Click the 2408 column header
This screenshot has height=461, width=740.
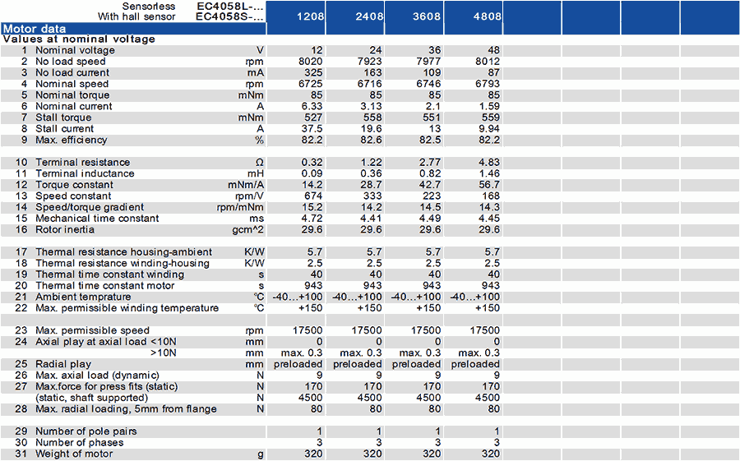tap(369, 16)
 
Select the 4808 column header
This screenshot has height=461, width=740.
tap(487, 16)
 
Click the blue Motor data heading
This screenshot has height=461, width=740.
tap(35, 29)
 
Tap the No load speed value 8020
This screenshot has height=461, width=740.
tap(311, 62)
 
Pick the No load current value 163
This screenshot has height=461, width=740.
tap(372, 72)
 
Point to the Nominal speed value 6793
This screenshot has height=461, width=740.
tap(488, 84)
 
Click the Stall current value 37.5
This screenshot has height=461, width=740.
tap(312, 129)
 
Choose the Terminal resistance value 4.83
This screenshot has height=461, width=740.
tap(489, 163)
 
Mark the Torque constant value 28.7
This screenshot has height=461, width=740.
tap(371, 185)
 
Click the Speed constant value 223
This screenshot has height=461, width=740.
tap(432, 196)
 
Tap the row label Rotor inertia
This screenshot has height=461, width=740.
tap(65, 230)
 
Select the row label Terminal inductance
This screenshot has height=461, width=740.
tap(85, 173)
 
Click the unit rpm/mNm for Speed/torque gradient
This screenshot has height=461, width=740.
tap(240, 207)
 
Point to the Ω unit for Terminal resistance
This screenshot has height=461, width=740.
tap(260, 163)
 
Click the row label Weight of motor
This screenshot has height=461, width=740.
tap(74, 454)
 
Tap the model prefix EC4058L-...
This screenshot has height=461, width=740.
tap(230, 6)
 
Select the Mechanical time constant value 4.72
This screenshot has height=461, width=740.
tap(312, 219)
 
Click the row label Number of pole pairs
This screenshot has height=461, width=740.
tap(86, 431)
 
